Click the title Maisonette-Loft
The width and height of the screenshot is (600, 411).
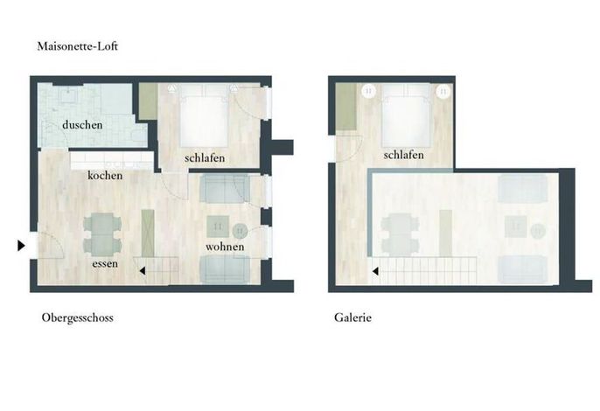77,46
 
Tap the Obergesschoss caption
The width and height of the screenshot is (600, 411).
77,317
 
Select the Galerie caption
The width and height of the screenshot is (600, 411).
352,317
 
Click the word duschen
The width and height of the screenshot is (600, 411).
82,125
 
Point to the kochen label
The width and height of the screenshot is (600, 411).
105,175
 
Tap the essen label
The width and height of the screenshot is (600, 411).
105,264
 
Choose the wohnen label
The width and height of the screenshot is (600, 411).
225,247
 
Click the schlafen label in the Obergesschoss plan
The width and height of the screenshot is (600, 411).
205,157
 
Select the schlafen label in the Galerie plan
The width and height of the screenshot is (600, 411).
404,155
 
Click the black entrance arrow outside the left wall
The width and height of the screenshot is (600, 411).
21,246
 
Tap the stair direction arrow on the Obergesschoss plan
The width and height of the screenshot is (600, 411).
143,271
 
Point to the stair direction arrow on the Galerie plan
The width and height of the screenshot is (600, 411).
375,271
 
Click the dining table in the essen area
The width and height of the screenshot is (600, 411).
102,234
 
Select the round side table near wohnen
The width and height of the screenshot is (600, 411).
241,231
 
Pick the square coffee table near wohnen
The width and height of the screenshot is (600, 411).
218,226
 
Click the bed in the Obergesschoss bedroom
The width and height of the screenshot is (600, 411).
204,116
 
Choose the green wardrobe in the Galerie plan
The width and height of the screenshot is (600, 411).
346,107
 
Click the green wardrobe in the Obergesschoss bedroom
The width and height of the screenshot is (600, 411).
149,101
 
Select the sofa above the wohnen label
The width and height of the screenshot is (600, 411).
225,189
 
